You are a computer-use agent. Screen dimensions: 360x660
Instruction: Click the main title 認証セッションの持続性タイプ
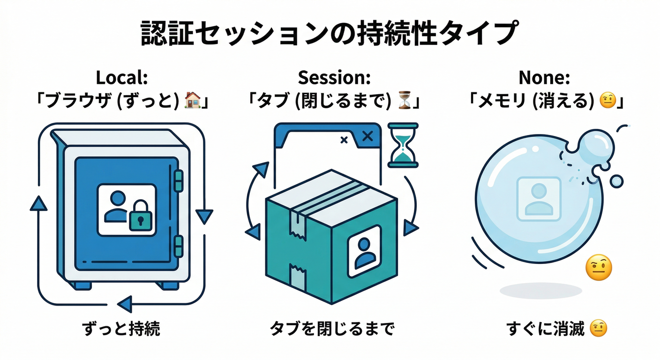tap(330, 34)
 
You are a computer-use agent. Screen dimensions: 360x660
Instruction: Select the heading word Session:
tap(334, 78)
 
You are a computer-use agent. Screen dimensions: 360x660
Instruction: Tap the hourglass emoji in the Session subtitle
tap(404, 99)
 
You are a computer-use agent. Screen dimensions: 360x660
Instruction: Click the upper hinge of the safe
tap(179, 180)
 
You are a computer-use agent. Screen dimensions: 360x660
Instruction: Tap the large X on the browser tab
tap(368, 136)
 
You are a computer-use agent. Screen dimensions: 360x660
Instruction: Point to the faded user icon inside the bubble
tap(539, 199)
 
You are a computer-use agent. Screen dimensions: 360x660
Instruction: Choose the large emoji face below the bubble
tap(599, 268)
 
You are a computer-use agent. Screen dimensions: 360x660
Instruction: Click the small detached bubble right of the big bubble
tap(617, 180)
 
